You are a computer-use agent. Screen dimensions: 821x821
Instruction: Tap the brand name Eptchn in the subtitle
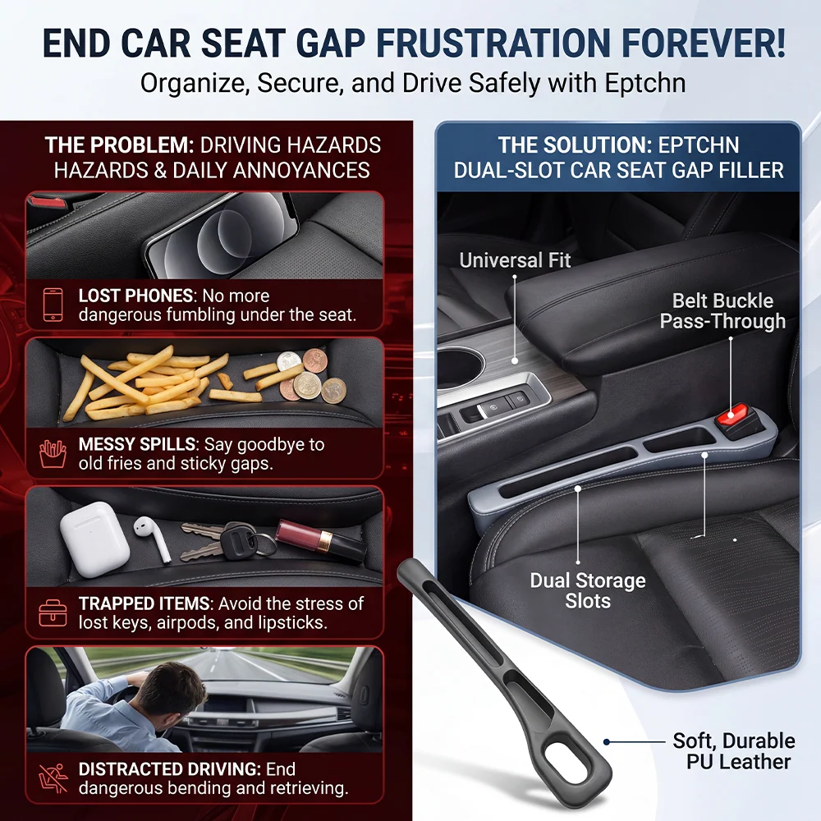coord(644,83)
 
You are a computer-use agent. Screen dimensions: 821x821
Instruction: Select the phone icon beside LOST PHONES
coord(53,305)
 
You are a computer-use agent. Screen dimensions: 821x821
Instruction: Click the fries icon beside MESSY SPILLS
coord(53,453)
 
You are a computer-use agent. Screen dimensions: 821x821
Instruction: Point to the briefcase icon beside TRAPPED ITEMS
coord(53,613)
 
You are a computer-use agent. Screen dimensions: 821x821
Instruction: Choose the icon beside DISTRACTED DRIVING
coord(53,778)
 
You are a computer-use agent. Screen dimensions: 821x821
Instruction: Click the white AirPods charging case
coord(94,539)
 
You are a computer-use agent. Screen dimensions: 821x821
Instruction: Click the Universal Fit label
coord(515,260)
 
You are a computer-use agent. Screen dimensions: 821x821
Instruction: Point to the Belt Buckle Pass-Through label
coord(722,311)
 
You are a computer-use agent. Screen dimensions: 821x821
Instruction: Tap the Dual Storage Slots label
coord(588,590)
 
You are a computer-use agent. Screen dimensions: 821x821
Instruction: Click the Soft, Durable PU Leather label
coord(734,751)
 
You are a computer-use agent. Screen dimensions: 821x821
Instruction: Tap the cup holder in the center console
coord(456,366)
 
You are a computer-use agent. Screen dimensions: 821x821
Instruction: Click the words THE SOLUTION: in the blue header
coord(572,145)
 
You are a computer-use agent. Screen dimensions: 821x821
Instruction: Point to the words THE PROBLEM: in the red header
coord(119,145)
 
